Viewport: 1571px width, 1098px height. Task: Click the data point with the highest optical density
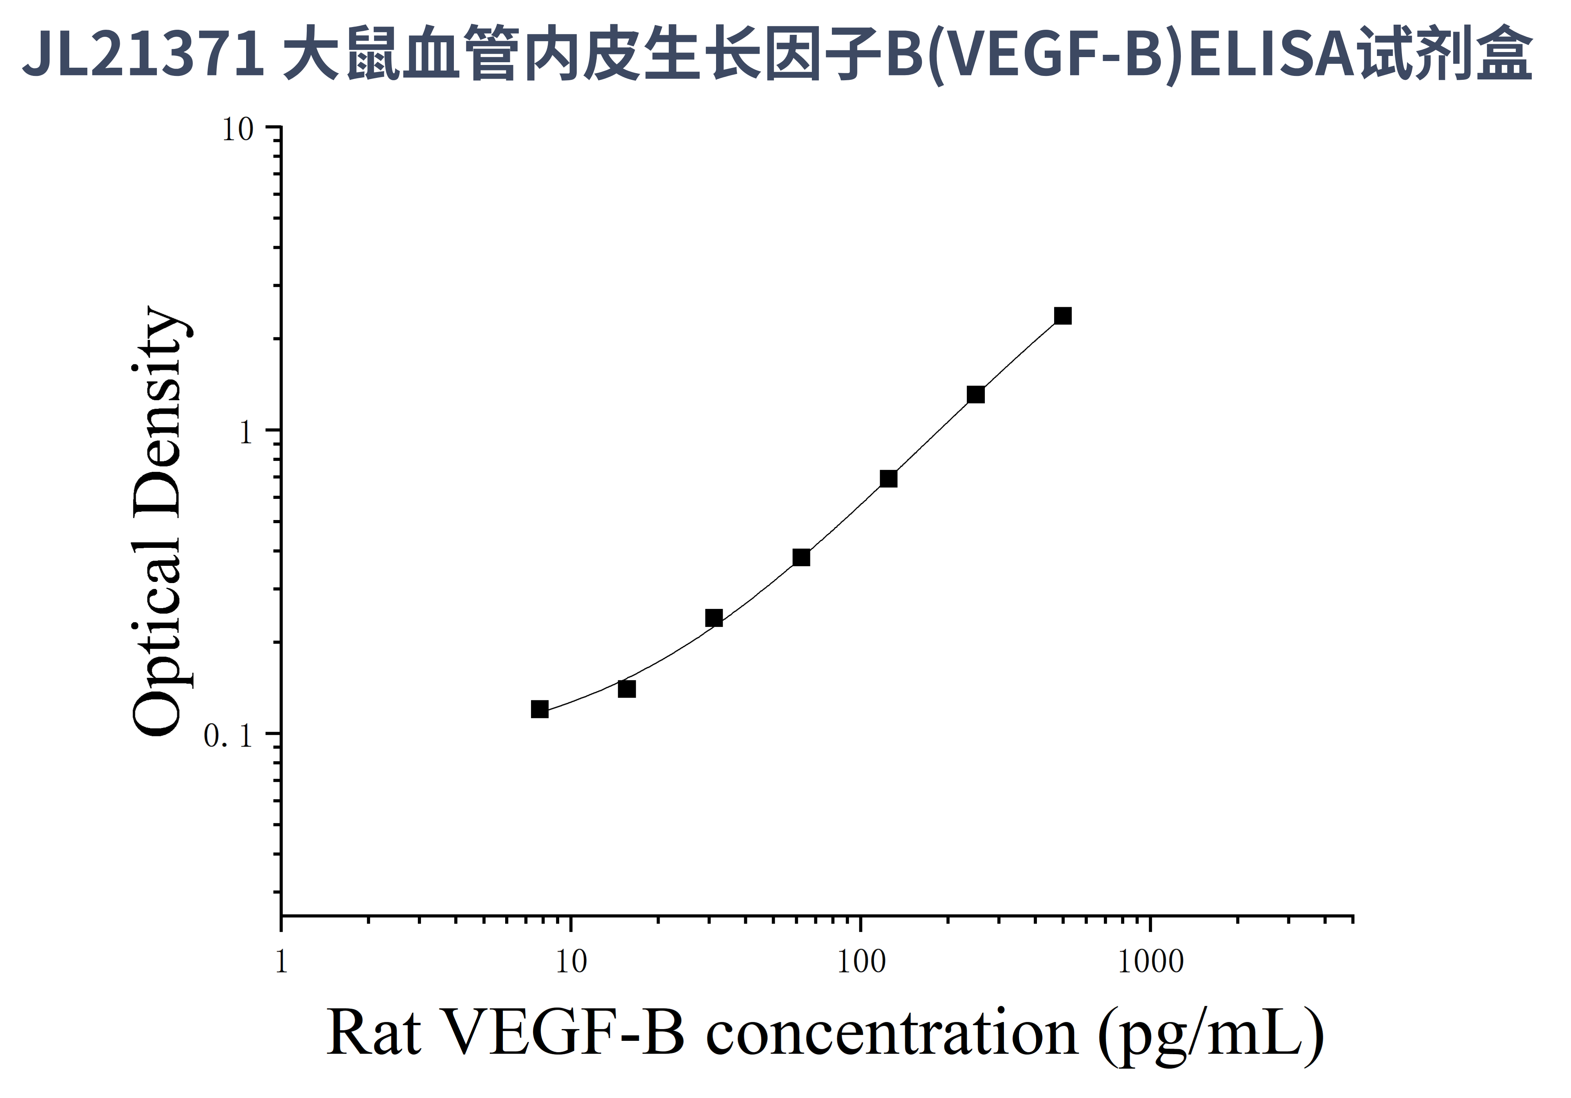(1063, 316)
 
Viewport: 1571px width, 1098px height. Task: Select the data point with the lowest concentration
(540, 709)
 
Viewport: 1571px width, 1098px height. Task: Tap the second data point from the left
(627, 689)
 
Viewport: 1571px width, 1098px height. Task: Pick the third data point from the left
(714, 618)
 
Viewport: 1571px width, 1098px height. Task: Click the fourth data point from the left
(801, 558)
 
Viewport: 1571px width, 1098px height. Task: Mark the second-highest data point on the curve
(976, 395)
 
